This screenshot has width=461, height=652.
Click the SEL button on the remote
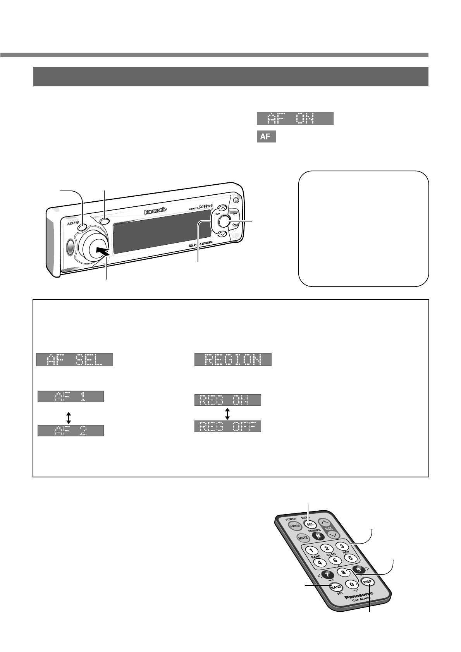(310, 523)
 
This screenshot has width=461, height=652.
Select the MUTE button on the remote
(303, 537)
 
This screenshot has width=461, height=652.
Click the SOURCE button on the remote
(296, 526)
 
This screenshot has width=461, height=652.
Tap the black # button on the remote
(318, 536)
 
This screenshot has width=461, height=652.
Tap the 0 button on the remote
(352, 584)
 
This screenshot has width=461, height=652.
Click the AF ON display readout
(295, 118)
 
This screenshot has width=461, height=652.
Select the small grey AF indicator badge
(266, 137)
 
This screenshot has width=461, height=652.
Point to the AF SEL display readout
(74, 360)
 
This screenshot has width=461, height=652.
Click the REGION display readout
(232, 360)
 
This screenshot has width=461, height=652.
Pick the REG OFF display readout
(227, 426)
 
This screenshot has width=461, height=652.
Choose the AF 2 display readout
(71, 431)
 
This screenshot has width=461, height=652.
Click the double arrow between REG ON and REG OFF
(227, 413)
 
